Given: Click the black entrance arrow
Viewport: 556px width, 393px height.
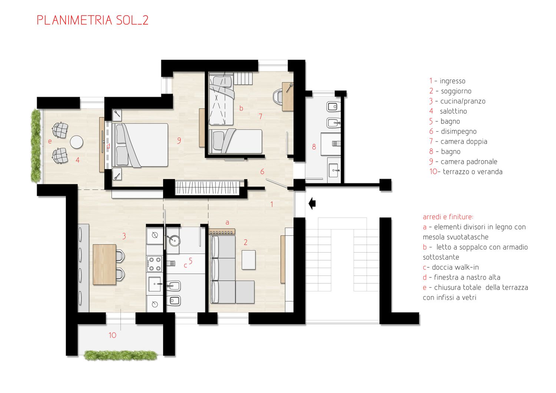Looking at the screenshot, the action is pos(312,204).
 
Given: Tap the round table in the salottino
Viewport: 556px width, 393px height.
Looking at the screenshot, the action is pos(76,142).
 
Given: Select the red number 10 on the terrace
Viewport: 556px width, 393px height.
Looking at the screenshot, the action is pos(112,336).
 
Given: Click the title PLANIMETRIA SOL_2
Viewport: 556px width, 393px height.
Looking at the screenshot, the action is pos(93,20).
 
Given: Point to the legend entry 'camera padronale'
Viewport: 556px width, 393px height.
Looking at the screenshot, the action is pos(469,162).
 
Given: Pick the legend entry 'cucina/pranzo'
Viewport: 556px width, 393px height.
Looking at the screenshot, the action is pos(463,101).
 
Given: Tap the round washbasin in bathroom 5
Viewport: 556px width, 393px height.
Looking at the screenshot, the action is pos(173,240).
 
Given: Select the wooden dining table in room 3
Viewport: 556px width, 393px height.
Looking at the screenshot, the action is pos(104,264).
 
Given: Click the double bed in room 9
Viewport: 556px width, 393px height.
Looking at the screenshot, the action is pos(140,145).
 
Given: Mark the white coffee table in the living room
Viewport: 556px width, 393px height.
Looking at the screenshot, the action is pos(248,260).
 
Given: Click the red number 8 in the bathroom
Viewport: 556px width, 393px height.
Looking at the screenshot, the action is pos(314,147).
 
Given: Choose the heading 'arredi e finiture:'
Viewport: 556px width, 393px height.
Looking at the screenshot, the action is pos(448,217).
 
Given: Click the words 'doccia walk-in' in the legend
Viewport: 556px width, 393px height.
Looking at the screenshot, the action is pos(455,267).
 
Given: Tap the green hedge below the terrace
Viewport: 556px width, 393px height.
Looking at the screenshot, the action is pos(120,355).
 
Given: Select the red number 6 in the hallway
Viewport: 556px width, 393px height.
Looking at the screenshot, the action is pos(262,172).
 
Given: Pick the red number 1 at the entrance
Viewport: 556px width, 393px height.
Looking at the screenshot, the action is pos(272,204).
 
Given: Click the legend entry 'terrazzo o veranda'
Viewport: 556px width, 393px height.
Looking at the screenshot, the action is pos(473,172).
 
